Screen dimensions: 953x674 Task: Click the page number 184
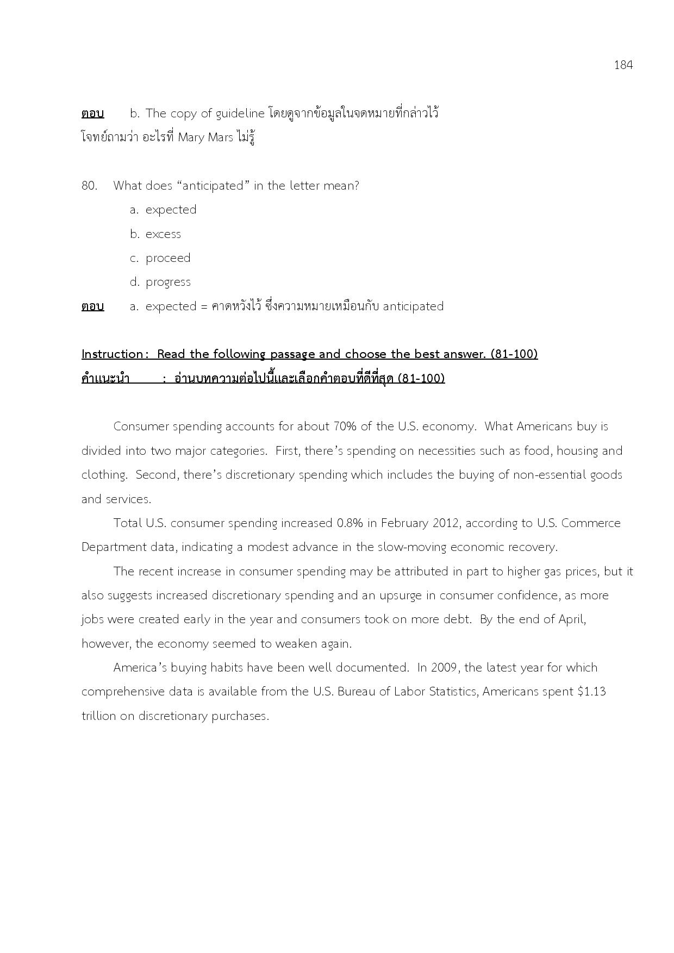pos(623,65)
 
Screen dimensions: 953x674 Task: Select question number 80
pos(89,186)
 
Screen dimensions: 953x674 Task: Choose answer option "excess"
pos(163,234)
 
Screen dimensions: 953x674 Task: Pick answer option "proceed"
pos(168,258)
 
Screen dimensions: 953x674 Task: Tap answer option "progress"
pos(168,282)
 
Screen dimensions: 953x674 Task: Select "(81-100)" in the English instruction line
pos(514,354)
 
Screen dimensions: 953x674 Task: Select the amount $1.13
pos(592,692)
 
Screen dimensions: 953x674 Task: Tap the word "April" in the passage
pos(571,619)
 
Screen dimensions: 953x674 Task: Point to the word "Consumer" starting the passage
pos(141,427)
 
